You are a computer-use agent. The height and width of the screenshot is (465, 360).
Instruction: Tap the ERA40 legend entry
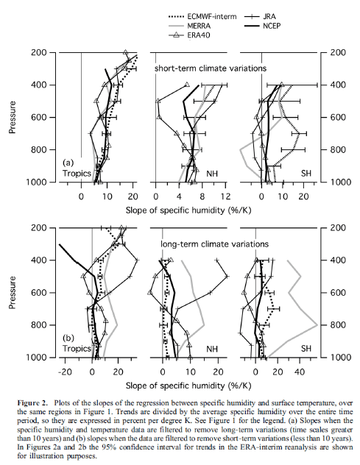194,34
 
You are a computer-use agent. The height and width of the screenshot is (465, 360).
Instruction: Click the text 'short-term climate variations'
209,68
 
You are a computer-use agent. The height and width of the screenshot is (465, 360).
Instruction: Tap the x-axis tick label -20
66,372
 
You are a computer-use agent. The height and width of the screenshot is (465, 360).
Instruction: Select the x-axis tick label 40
300,372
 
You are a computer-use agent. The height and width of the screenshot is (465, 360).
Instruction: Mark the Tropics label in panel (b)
76,348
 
